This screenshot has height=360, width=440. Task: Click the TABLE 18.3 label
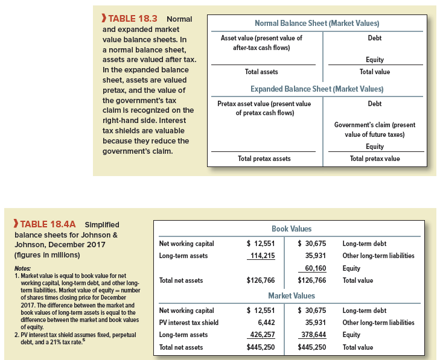129,19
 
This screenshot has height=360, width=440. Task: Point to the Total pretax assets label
264,159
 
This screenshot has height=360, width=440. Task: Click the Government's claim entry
374,129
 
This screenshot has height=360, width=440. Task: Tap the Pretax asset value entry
264,108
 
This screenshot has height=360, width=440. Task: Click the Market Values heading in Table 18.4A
292,295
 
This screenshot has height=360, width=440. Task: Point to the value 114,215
262,256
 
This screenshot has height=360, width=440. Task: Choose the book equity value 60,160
316,268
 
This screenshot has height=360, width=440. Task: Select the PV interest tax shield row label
188,323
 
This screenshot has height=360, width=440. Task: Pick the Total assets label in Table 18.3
261,72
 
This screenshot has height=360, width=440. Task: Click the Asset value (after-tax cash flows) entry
261,42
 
